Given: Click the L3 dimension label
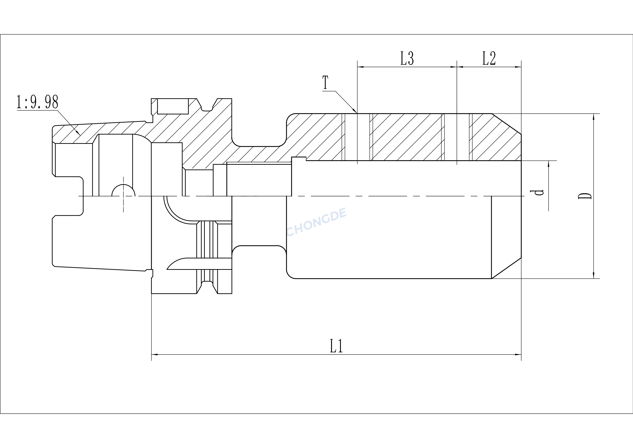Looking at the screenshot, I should [407, 59].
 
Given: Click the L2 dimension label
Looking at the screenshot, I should [489, 59].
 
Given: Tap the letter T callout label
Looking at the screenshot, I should [326, 82].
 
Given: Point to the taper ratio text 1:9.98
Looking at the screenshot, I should [38, 102].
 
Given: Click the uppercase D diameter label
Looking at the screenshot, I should [584, 196].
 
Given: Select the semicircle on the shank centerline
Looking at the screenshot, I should [123, 190].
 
